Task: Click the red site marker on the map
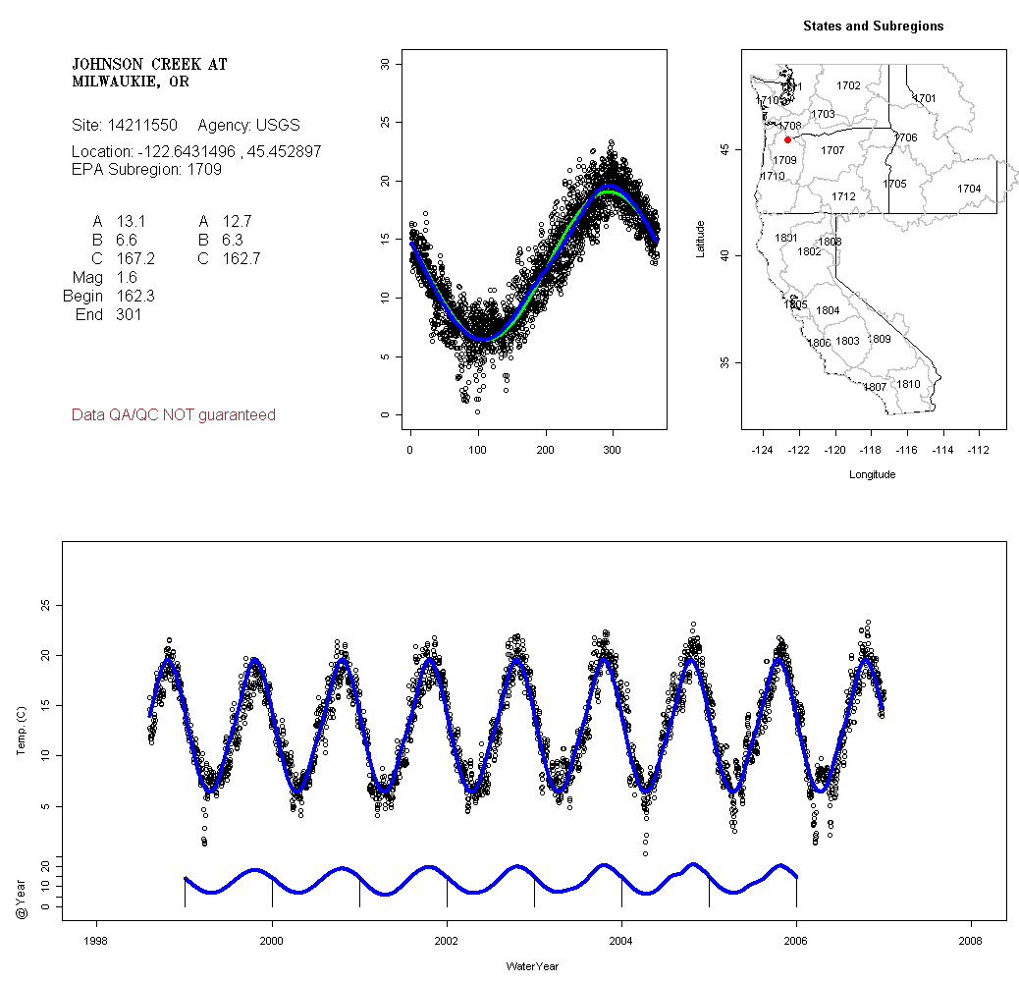(787, 139)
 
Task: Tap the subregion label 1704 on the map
(969, 189)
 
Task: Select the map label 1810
(909, 384)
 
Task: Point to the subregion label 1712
(843, 196)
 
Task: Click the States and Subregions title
(873, 27)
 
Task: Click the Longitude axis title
(872, 474)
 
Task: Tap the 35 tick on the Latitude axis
(724, 362)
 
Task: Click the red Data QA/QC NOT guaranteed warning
(174, 415)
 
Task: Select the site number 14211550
(142, 126)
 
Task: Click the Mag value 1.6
(127, 278)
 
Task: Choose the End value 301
(128, 315)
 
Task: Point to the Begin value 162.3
(135, 297)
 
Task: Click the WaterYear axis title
(532, 966)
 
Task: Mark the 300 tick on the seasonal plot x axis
(613, 450)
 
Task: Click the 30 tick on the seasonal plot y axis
(385, 64)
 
